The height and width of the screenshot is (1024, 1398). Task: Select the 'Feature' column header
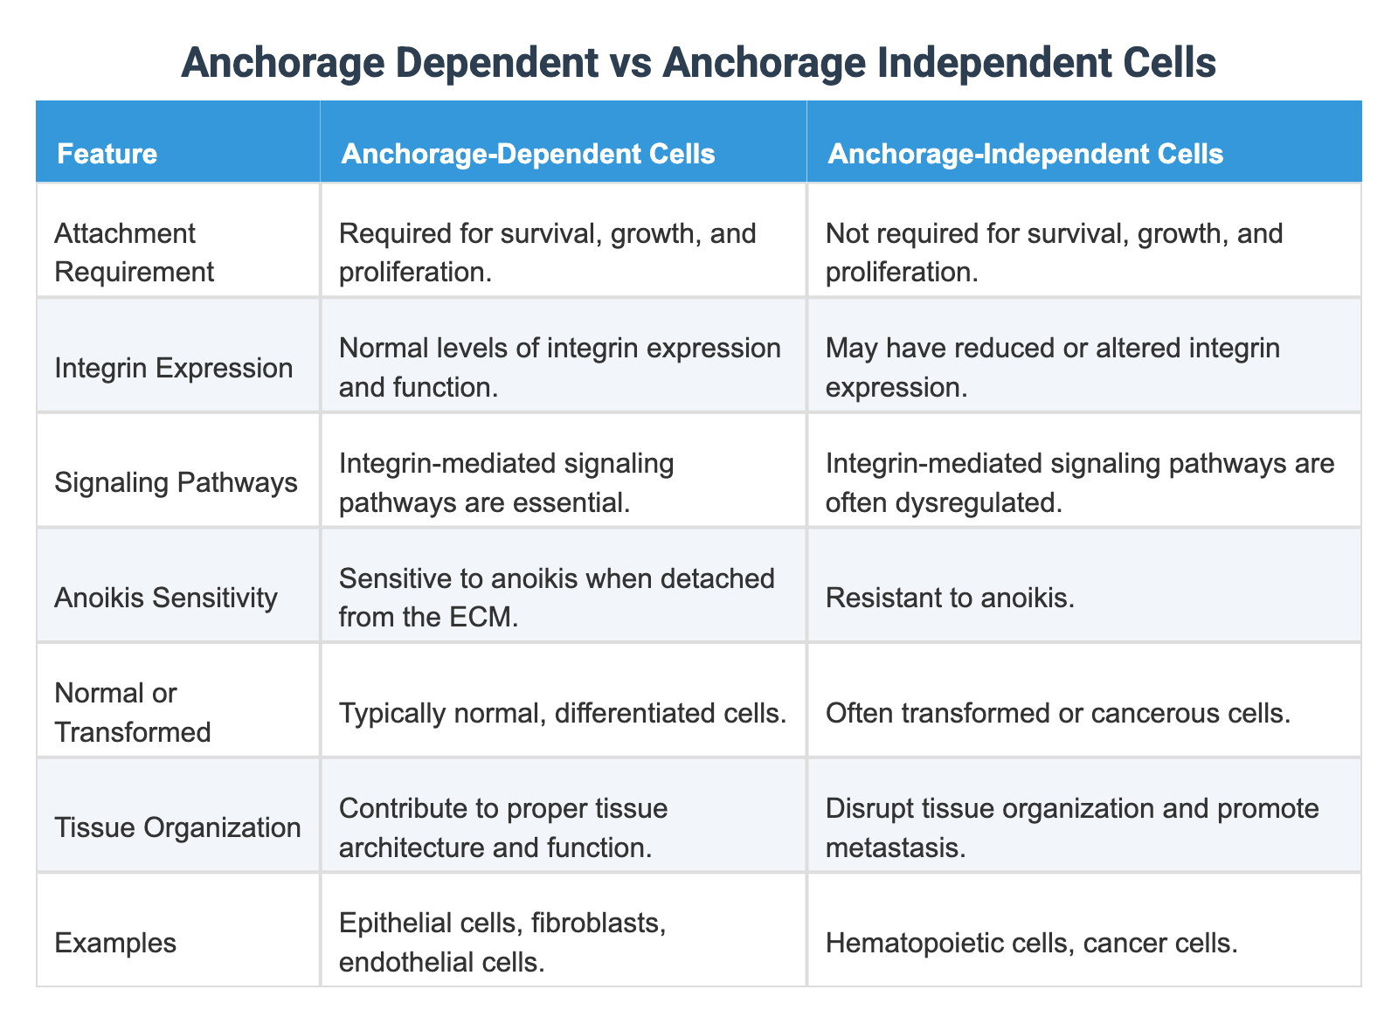click(107, 155)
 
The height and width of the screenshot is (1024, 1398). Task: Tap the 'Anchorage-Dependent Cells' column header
click(528, 155)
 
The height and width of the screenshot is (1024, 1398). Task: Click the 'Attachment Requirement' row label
click(134, 253)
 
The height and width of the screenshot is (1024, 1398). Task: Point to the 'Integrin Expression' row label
click(173, 368)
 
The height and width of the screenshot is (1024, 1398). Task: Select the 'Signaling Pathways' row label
click(176, 482)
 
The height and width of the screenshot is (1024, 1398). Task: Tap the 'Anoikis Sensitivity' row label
click(165, 598)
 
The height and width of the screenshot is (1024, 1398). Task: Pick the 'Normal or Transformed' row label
click(132, 712)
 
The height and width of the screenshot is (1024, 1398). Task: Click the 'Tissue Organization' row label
click(177, 827)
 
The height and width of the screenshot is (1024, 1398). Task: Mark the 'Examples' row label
click(114, 942)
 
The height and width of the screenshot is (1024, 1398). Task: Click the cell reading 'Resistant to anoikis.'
click(950, 598)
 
